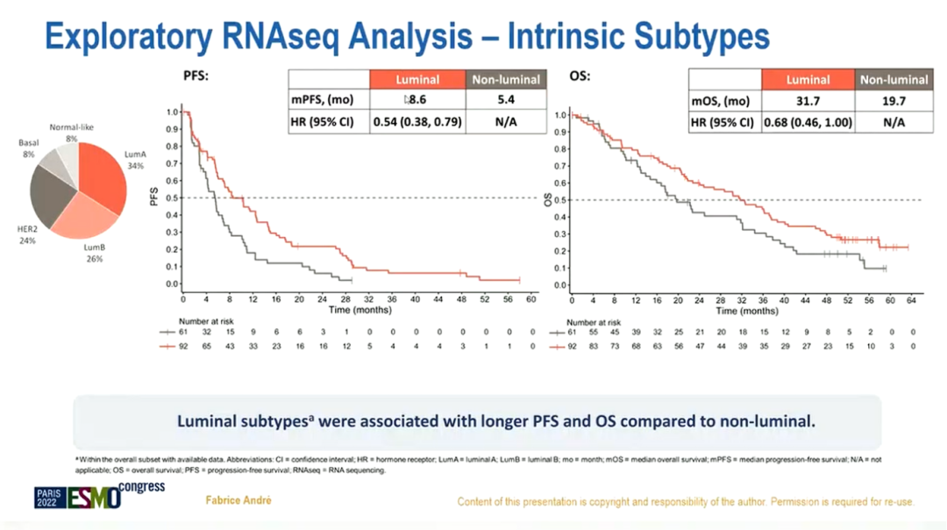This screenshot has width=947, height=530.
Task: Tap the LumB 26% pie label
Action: coord(95,254)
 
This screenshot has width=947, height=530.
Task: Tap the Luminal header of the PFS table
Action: coord(417,80)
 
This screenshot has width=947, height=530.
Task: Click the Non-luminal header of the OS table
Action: coord(894,80)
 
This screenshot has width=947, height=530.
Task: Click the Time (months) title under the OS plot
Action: coord(747,311)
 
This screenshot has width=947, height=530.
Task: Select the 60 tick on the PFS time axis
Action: coord(531,300)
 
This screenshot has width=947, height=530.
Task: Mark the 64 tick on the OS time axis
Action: coord(912,300)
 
